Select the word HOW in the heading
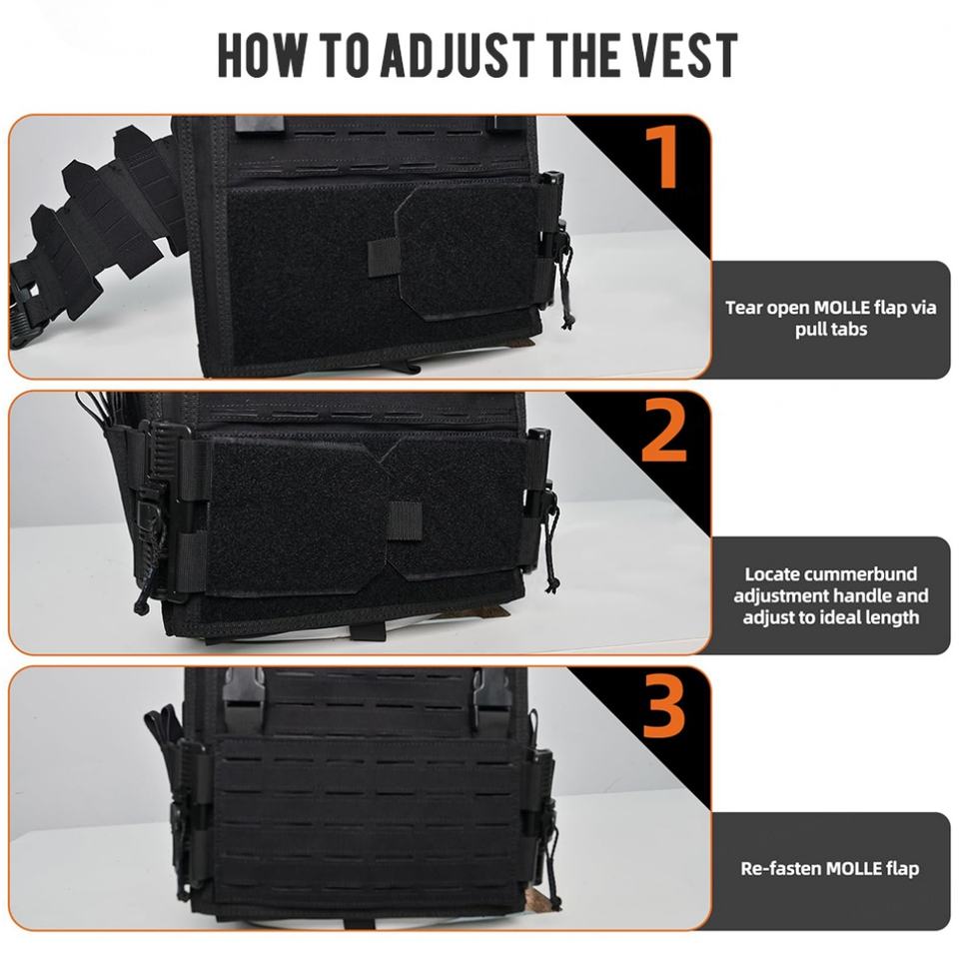[262, 56]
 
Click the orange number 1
[661, 156]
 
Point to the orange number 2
[663, 432]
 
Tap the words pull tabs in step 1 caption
[831, 330]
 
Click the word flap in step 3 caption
[903, 869]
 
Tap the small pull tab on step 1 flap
[384, 258]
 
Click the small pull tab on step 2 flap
[405, 521]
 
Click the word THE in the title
[582, 56]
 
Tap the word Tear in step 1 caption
[743, 308]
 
